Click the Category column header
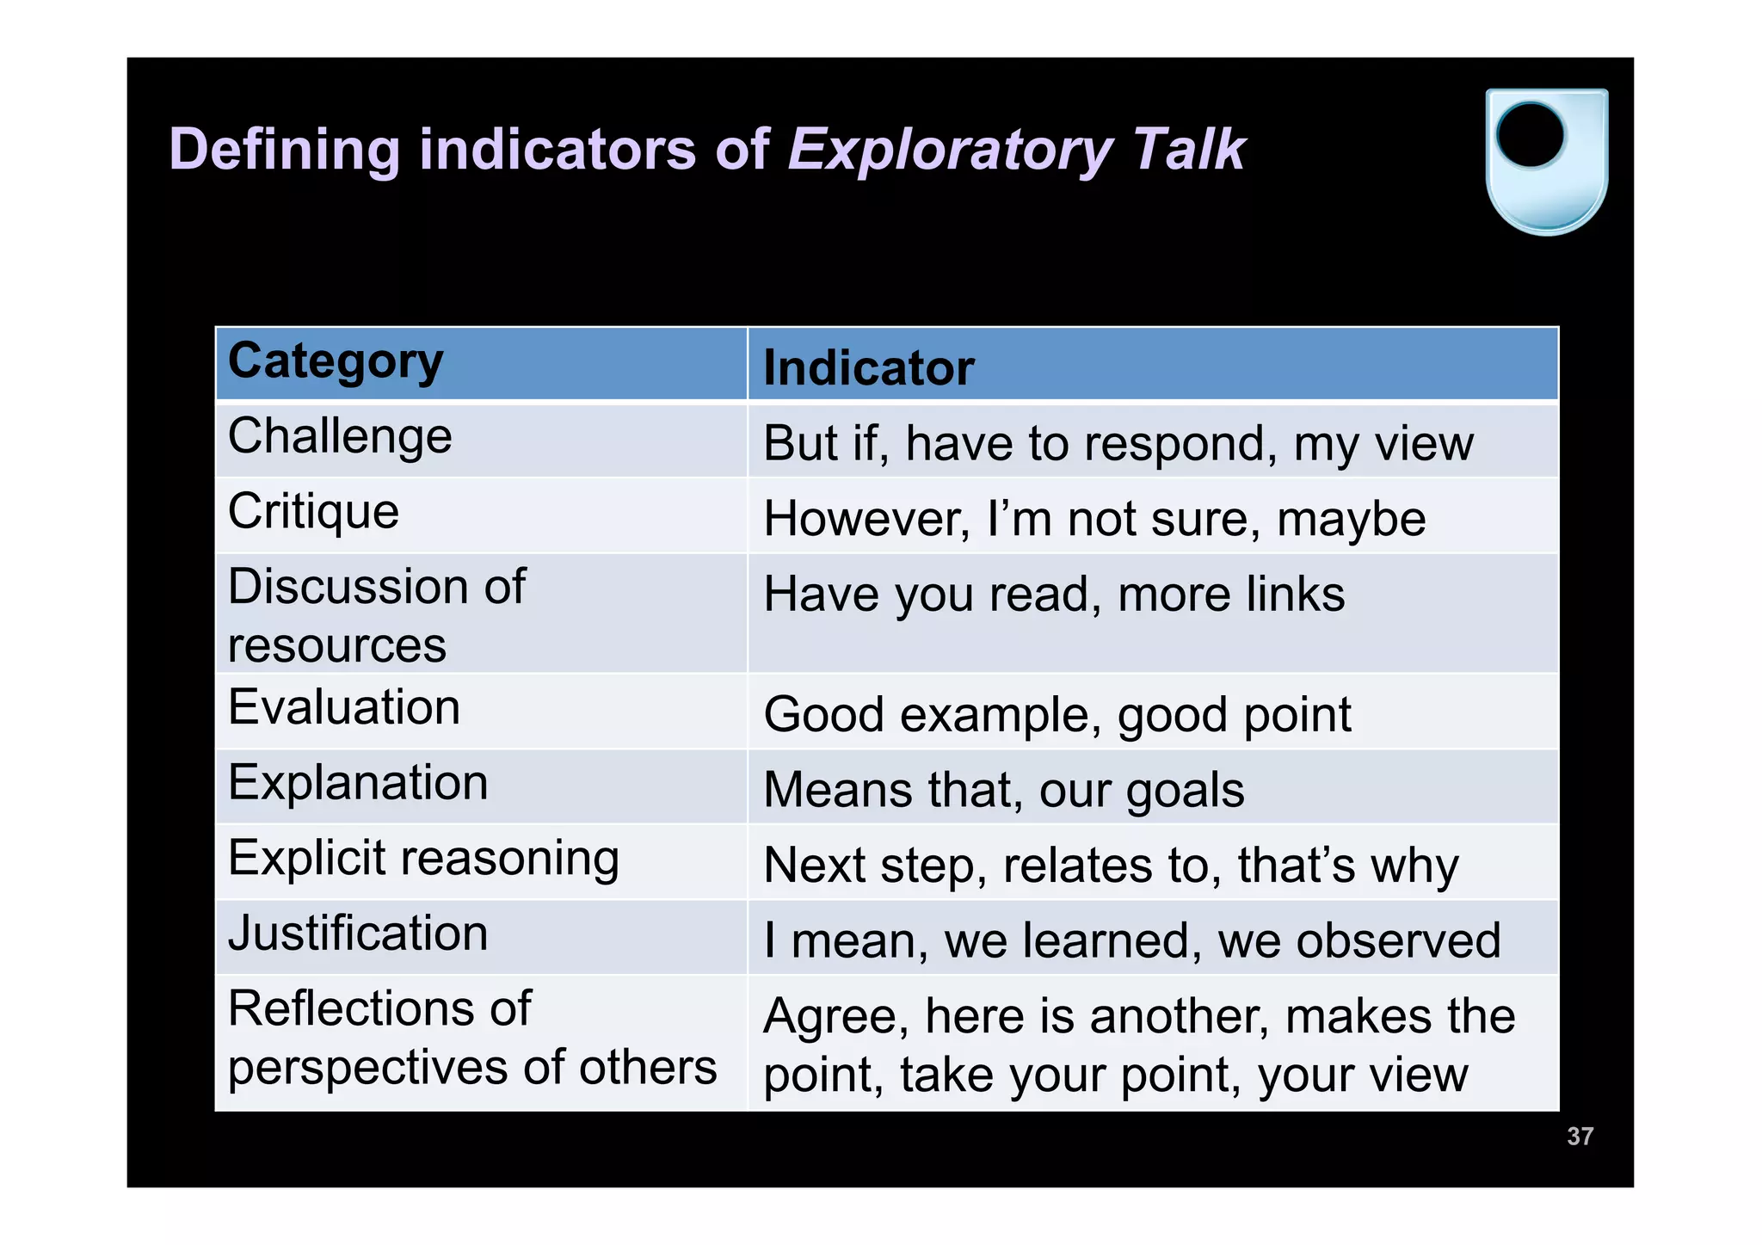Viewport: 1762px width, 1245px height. point(336,362)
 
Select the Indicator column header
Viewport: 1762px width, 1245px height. point(868,368)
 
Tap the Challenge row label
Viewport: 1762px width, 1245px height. point(340,436)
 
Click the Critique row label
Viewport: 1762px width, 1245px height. point(314,512)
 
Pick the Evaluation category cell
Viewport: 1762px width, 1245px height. point(344,708)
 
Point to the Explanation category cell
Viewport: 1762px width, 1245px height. point(358,784)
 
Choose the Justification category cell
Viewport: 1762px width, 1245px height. point(358,934)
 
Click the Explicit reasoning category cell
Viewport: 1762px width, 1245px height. point(423,860)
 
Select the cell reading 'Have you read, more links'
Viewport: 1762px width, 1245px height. point(1054,595)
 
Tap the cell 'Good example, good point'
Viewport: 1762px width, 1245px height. point(1057,715)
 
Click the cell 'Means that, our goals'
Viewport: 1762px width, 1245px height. point(1003,791)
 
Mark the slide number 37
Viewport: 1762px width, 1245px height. point(1580,1137)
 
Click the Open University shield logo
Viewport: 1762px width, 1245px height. point(1546,161)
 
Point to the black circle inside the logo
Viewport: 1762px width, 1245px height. point(1531,135)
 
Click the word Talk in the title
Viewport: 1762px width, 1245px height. point(1189,150)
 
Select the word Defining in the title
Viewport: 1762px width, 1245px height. point(285,150)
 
